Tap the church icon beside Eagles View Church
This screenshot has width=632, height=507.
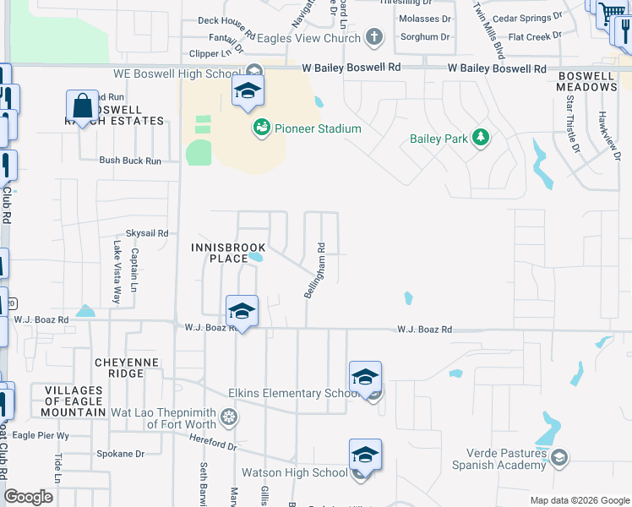[375, 37]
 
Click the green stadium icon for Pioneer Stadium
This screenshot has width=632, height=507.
[262, 128]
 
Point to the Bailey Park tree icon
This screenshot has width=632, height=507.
[481, 138]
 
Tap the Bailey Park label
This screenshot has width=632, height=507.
[438, 139]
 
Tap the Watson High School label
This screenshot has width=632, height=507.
[294, 472]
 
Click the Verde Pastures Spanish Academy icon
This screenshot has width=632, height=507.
[558, 458]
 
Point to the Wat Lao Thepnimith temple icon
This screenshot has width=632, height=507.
[228, 417]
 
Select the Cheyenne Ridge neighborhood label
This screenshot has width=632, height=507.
[131, 368]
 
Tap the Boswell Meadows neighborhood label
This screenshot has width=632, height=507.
[586, 81]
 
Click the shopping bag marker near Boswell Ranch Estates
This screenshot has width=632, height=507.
[83, 108]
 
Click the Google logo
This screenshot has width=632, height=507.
[30, 497]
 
